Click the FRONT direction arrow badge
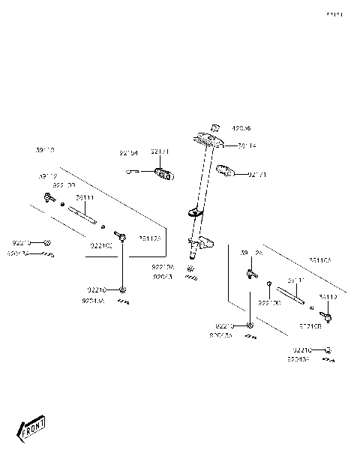pos(31,429)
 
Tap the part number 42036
pos(241,128)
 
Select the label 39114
pos(248,145)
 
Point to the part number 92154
pos(129,152)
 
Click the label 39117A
pos(148,238)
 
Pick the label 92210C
pos(100,245)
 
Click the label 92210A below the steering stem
pos(162,266)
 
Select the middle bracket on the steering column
pos(196,213)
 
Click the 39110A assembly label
pos(324,259)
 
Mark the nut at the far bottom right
pos(328,349)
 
